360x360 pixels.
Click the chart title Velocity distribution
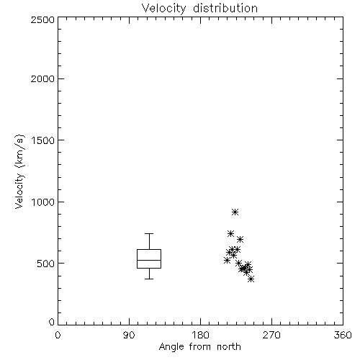(x=199, y=8)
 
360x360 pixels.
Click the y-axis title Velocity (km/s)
(x=19, y=171)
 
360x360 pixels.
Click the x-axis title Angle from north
(x=199, y=347)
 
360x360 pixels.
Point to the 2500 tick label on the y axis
(x=42, y=19)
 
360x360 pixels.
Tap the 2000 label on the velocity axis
(x=42, y=78)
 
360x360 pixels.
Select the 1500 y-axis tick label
(x=43, y=140)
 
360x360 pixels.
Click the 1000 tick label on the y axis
(x=43, y=202)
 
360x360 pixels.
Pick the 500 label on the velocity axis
(x=46, y=264)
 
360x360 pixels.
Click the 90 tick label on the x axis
(x=129, y=335)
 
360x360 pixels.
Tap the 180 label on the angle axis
(x=200, y=335)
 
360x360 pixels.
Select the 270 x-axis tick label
(x=271, y=335)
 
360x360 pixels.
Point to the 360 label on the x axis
(x=343, y=335)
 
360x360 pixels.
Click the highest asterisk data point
(x=235, y=212)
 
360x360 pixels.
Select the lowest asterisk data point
(x=251, y=279)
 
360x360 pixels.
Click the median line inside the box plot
(x=149, y=260)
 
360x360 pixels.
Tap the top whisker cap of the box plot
(x=149, y=233)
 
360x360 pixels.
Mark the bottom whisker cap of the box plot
(x=149, y=279)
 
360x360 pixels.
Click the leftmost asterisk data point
(x=227, y=260)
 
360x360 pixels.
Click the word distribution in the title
(x=225, y=8)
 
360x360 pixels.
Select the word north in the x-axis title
(x=229, y=347)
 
